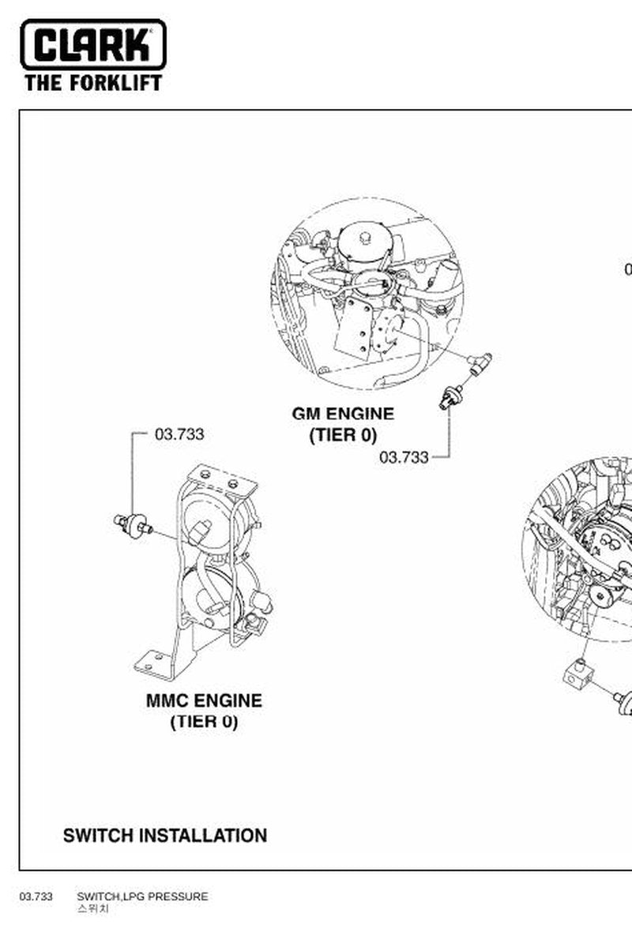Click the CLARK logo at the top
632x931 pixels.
click(x=93, y=44)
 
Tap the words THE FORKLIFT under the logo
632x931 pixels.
click(x=93, y=83)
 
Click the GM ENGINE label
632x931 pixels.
click(x=343, y=414)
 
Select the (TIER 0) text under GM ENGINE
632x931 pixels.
click(x=343, y=435)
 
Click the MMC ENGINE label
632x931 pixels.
click(x=204, y=700)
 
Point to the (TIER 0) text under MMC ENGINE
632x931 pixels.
click(x=204, y=722)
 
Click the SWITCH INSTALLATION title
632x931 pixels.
click(x=164, y=835)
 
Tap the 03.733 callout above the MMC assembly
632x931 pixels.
click(x=179, y=434)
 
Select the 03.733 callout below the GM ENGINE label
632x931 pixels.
click(x=404, y=457)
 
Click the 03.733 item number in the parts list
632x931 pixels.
click(x=36, y=896)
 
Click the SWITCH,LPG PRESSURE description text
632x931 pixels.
click(x=142, y=896)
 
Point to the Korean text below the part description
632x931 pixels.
click(x=92, y=909)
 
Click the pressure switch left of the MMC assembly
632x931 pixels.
click(x=133, y=525)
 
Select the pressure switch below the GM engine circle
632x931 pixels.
click(x=451, y=397)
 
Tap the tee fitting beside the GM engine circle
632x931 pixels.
click(x=480, y=362)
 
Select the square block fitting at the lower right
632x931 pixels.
click(x=579, y=676)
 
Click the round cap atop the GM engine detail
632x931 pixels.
click(x=363, y=238)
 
